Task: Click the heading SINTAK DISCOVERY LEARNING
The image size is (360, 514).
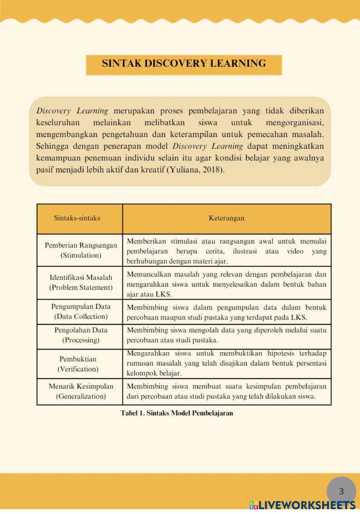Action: [x=184, y=64]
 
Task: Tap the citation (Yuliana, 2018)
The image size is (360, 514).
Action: [x=195, y=170]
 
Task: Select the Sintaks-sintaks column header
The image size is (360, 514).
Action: [x=77, y=218]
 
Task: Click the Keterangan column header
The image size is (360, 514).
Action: [x=226, y=218]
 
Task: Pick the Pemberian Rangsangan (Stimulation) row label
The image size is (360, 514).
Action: [x=81, y=250]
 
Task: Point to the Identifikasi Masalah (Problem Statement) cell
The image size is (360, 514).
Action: [x=81, y=282]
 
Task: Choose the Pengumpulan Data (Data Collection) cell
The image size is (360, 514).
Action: [x=81, y=312]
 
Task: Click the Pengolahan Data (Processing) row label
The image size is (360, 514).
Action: [x=81, y=335]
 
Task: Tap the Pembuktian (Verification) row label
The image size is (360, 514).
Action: [x=78, y=364]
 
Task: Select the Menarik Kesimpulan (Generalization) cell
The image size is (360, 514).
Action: [x=81, y=391]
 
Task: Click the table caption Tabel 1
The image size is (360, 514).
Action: [x=177, y=413]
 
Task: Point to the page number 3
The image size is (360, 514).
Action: [x=341, y=491]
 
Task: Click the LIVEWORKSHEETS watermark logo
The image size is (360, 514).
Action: [x=302, y=505]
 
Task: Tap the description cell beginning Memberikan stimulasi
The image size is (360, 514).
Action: [x=226, y=251]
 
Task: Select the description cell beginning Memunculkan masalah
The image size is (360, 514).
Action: [x=226, y=284]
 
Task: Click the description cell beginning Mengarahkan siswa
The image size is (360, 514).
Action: [x=226, y=363]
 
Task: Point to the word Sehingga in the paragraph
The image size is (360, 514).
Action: [x=52, y=146]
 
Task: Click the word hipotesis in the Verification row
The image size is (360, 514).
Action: [x=280, y=353]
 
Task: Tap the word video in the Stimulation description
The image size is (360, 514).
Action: [x=295, y=251]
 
